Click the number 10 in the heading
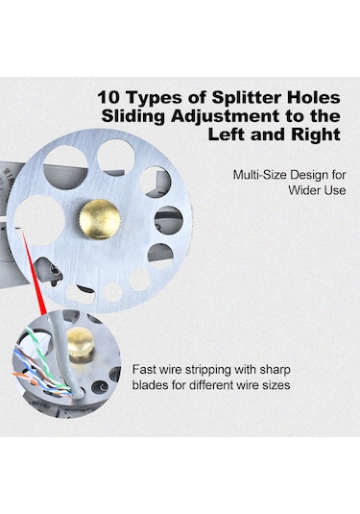[x=108, y=98]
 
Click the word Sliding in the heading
[x=133, y=116]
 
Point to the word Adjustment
[x=226, y=116]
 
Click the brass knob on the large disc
[x=100, y=219]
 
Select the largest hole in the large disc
[x=39, y=220]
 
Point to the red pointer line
[x=34, y=273]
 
